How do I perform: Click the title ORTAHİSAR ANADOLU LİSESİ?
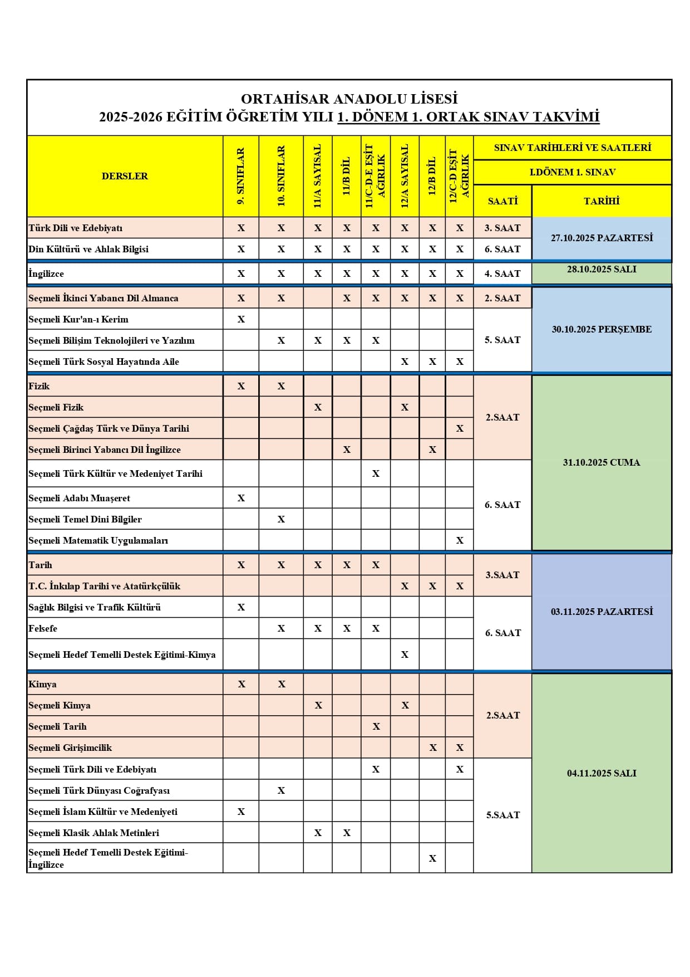coord(349,99)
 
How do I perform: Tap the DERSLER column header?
coord(125,176)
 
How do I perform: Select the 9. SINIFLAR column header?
coord(241,176)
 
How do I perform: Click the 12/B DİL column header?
coord(432,176)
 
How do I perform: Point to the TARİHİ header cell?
coord(602,201)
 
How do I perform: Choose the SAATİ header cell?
coord(502,201)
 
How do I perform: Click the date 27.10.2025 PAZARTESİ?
coord(602,238)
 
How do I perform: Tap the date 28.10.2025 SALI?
coord(602,269)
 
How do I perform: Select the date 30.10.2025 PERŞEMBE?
coord(602,329)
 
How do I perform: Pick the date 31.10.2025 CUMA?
coord(602,462)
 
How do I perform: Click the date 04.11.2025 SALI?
coord(602,773)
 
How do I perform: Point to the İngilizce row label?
coord(46,273)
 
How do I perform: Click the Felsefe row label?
coord(43,628)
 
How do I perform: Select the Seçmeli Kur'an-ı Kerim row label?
coord(78,319)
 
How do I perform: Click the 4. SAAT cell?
coord(502,273)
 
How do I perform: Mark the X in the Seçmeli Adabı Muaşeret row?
coord(241,498)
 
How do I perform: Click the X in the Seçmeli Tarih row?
coord(376,726)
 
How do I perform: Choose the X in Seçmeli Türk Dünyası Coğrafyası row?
coord(281,790)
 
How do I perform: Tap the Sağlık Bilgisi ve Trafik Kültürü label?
coord(95,607)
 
